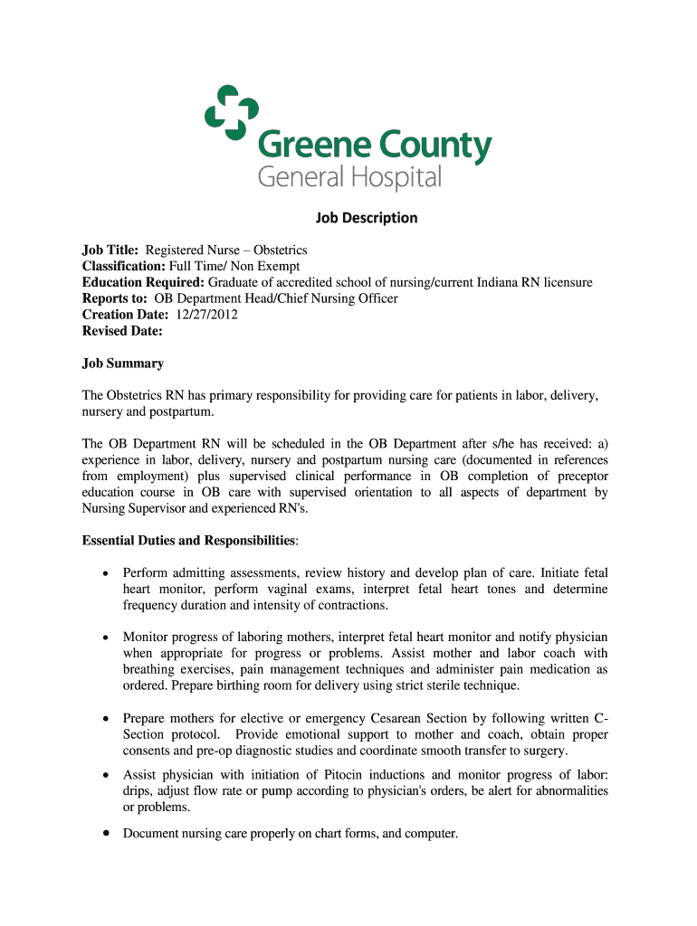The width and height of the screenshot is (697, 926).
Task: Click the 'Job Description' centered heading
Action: pyautogui.click(x=366, y=218)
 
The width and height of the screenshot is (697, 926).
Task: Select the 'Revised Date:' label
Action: pyautogui.click(x=122, y=331)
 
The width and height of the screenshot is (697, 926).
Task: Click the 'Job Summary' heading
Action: pyautogui.click(x=123, y=364)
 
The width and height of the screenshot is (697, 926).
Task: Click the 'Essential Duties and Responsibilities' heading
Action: pyautogui.click(x=188, y=541)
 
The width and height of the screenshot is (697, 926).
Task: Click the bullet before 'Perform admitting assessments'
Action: pyautogui.click(x=106, y=573)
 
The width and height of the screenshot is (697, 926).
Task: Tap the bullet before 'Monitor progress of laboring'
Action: pyautogui.click(x=106, y=638)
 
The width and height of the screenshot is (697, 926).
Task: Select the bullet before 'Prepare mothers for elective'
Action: pyautogui.click(x=106, y=719)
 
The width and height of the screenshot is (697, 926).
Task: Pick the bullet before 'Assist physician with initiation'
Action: pyautogui.click(x=106, y=776)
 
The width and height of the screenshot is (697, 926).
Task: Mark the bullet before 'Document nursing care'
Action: pyautogui.click(x=106, y=833)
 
